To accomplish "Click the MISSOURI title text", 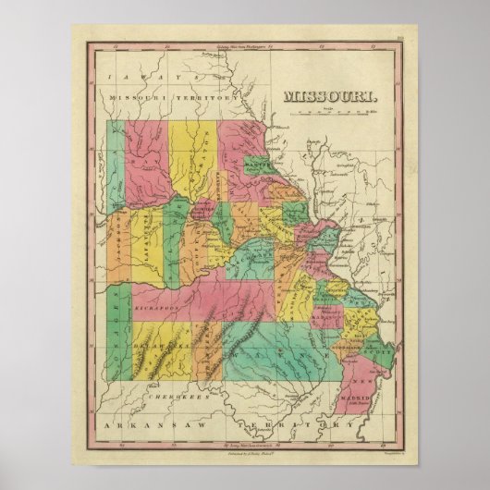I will click(x=328, y=96).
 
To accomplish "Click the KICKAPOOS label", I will click(x=139, y=302).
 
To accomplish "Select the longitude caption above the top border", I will click(x=245, y=40).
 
